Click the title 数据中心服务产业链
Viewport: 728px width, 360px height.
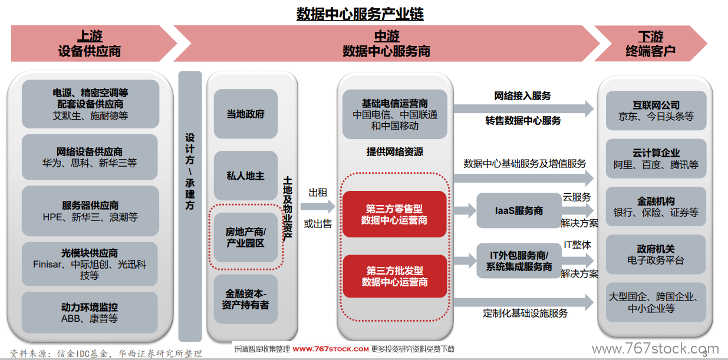click(x=360, y=14)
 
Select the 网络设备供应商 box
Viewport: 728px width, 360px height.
click(x=90, y=157)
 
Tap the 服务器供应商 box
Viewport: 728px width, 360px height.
click(x=90, y=211)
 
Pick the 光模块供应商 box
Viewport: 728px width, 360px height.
click(x=90, y=264)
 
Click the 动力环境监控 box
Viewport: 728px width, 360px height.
click(x=90, y=312)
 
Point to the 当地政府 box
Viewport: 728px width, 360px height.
click(x=246, y=114)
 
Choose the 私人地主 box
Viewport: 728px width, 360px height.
click(x=246, y=176)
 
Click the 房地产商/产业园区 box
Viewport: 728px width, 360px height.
click(x=246, y=237)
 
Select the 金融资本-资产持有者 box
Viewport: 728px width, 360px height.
click(x=246, y=299)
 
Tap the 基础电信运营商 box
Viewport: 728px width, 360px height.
click(x=395, y=114)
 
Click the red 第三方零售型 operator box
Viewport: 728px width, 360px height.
click(x=394, y=214)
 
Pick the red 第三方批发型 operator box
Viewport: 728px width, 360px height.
click(x=395, y=276)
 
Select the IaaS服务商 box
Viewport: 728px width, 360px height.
click(x=519, y=210)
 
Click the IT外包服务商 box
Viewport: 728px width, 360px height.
click(x=519, y=261)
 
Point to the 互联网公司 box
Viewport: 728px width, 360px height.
click(x=656, y=110)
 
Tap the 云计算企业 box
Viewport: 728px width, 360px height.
click(x=656, y=158)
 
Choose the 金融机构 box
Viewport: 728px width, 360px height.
click(x=656, y=207)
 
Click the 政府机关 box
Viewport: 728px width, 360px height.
click(x=656, y=255)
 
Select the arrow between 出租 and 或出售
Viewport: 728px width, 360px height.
click(x=318, y=206)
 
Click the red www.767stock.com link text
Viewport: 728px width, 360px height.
click(x=331, y=349)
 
